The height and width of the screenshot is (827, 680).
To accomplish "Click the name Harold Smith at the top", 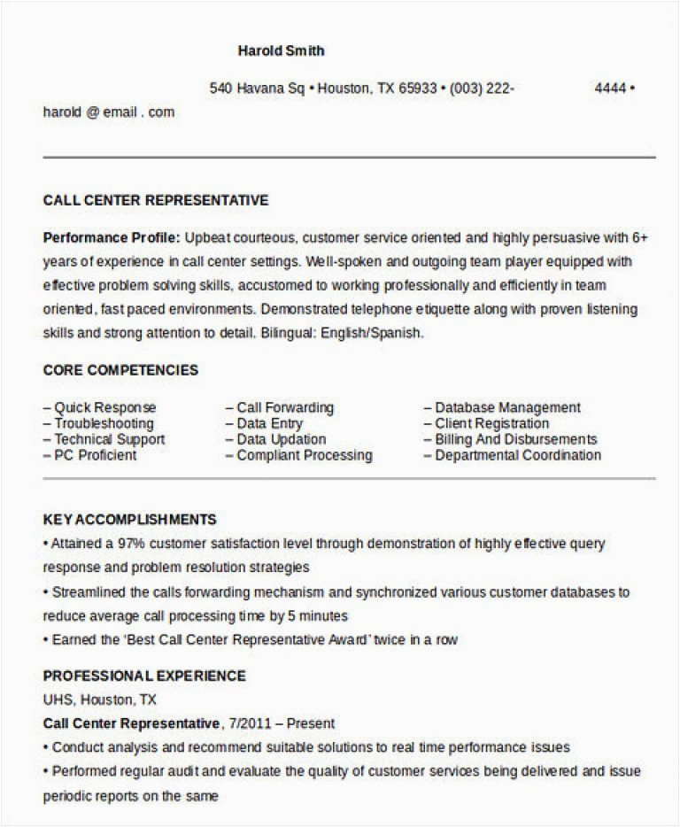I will click(x=281, y=50).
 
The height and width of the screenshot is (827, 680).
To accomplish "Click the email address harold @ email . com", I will click(x=109, y=112).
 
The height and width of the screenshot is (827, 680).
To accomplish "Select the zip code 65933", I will click(x=420, y=89).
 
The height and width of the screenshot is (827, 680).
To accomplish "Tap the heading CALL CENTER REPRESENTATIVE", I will click(x=156, y=201).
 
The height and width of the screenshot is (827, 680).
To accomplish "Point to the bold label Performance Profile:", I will click(x=112, y=238).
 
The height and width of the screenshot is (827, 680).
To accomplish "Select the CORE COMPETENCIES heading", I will click(x=120, y=370).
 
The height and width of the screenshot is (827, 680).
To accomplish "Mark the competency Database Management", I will click(x=507, y=408).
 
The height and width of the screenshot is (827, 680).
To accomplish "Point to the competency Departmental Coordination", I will click(x=517, y=455).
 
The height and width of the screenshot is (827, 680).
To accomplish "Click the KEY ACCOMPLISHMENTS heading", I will click(x=130, y=520).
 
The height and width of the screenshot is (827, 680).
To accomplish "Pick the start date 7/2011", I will click(x=249, y=723).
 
